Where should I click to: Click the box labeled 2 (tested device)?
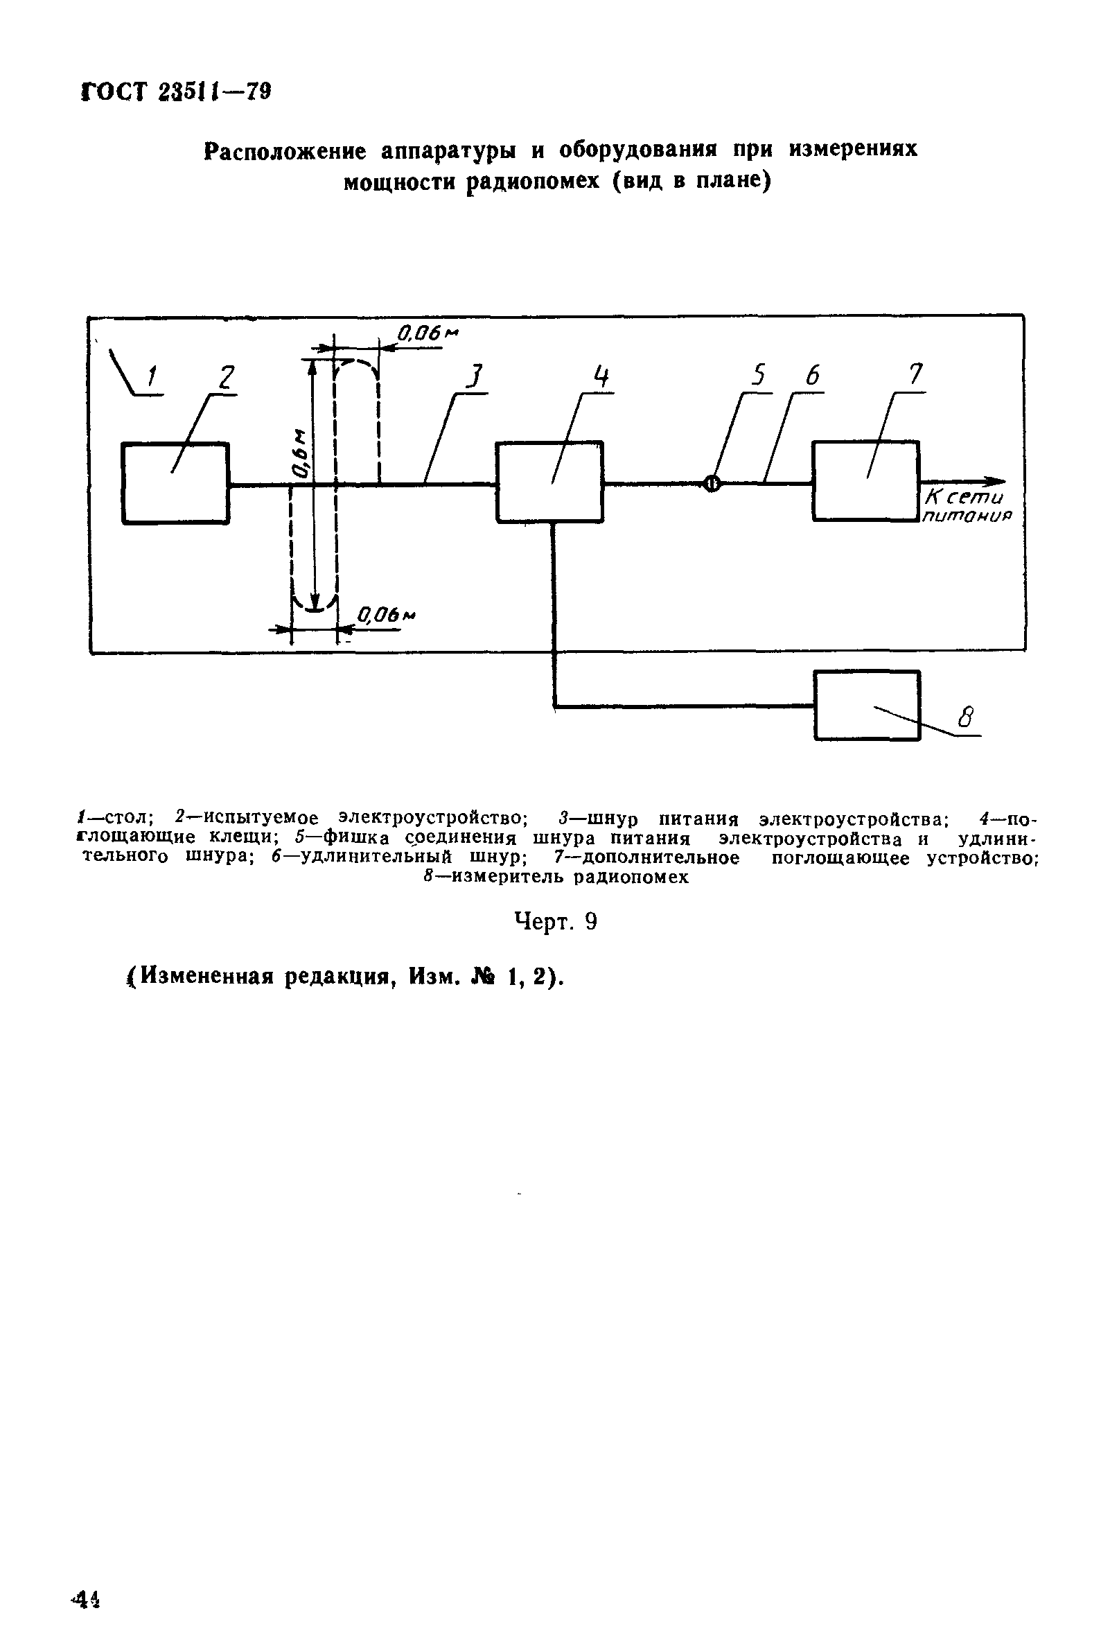coord(175,483)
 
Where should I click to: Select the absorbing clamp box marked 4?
coord(549,482)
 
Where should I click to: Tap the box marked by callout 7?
coord(865,482)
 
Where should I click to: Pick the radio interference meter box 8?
coord(867,705)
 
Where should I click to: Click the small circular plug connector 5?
coord(712,484)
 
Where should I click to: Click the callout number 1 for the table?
coord(152,377)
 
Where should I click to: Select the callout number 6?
coord(812,376)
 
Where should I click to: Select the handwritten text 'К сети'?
coord(964,498)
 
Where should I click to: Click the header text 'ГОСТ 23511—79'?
coord(176,92)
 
